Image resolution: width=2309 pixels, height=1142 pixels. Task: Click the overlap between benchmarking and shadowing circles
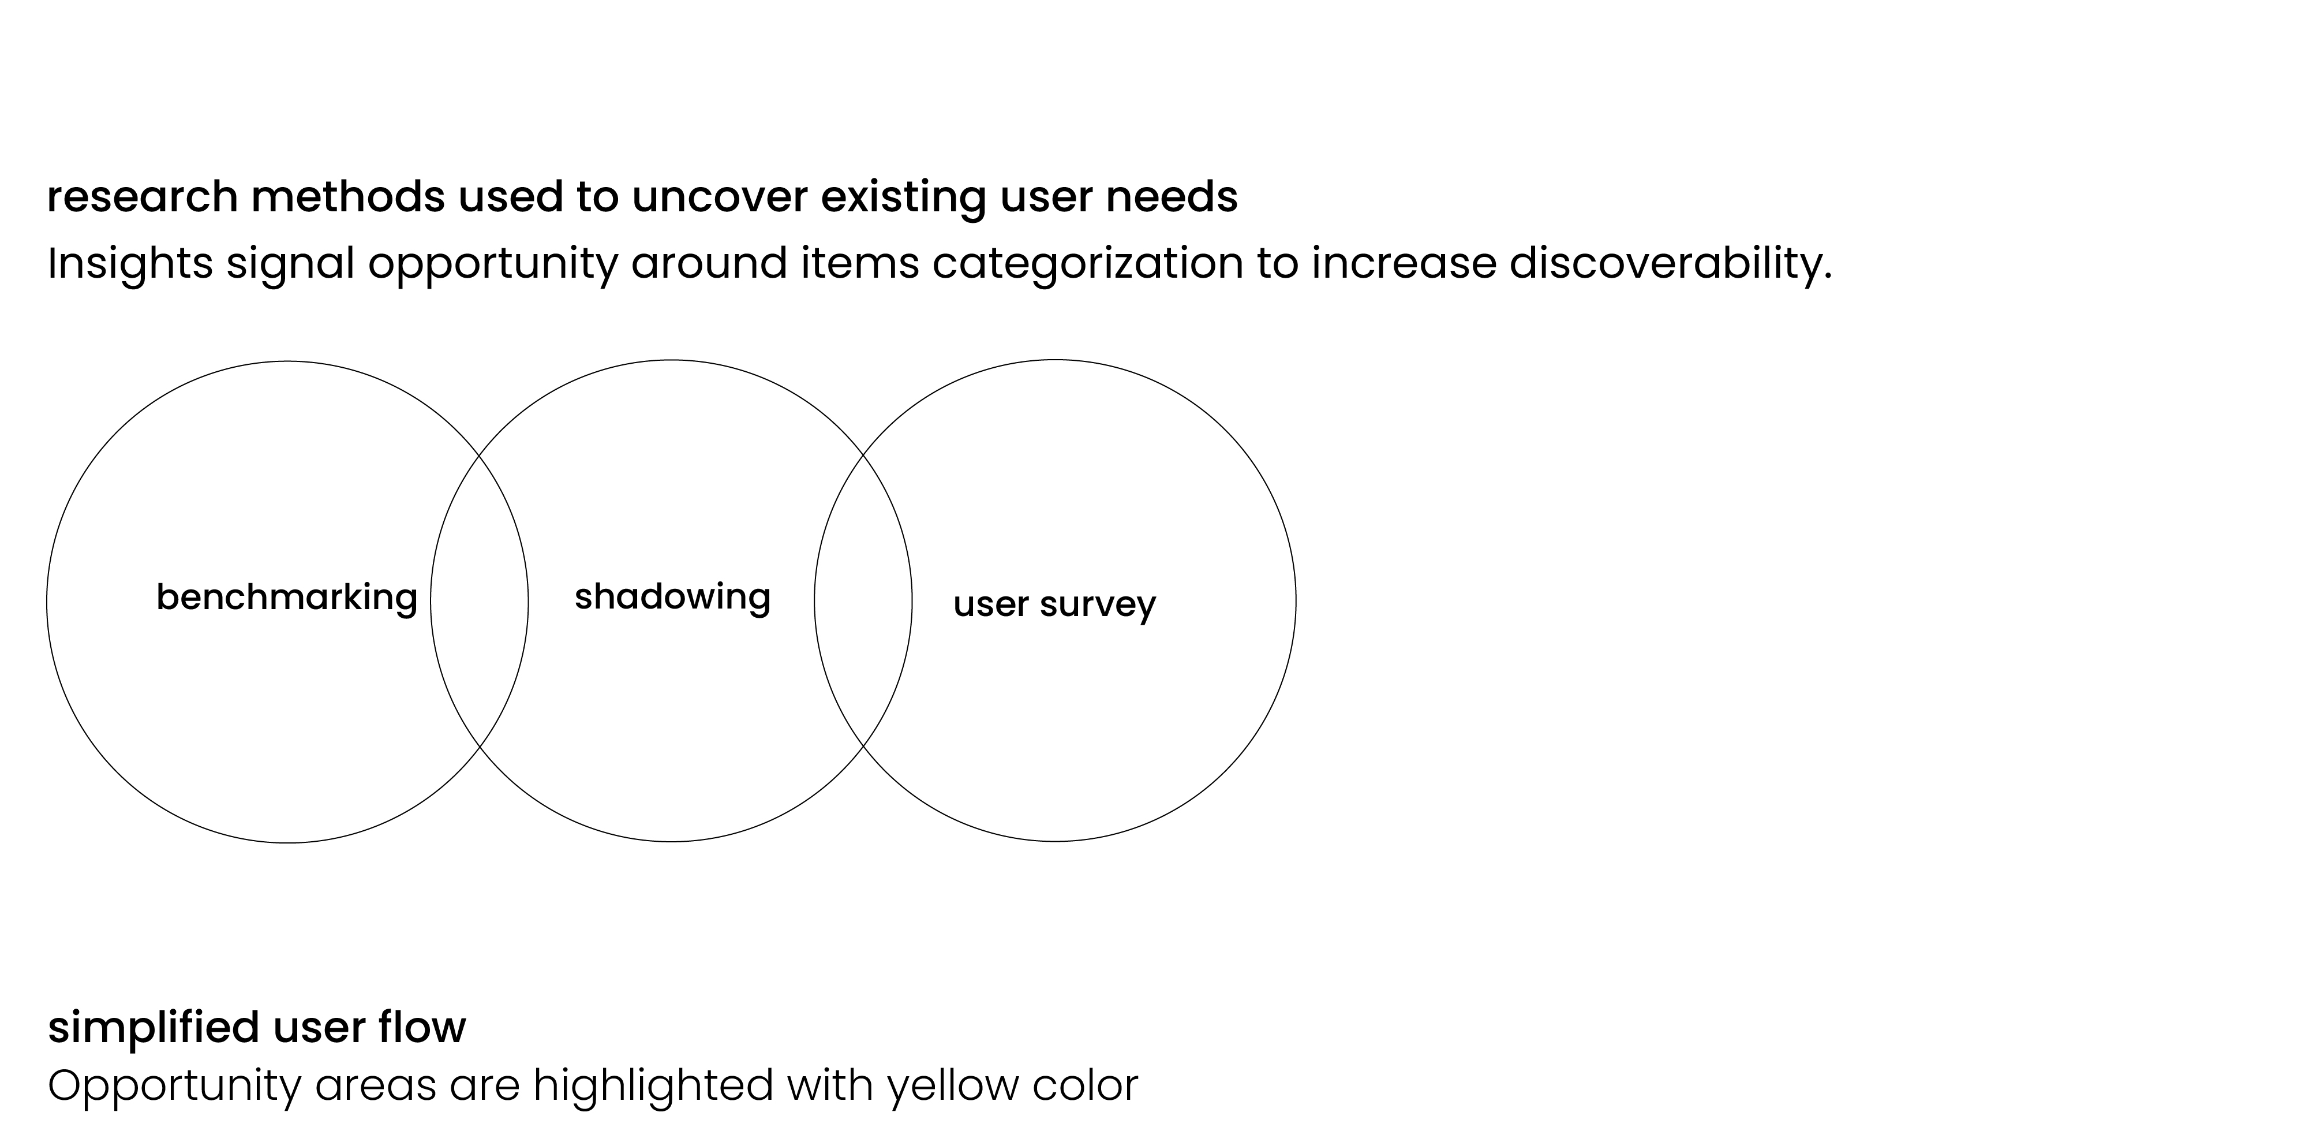(480, 600)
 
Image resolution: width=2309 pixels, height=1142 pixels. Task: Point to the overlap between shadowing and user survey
(863, 600)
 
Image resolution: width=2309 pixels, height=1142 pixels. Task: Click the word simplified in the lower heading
(154, 1027)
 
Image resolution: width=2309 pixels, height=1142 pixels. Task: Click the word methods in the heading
(348, 197)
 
